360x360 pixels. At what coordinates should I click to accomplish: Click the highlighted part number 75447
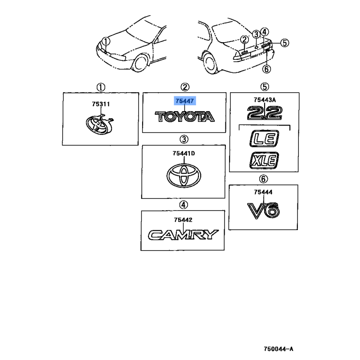(x=184, y=102)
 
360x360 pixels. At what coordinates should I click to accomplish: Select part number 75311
(x=101, y=104)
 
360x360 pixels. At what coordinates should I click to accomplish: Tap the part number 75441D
(x=184, y=154)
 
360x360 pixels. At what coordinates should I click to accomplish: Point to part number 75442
(x=183, y=220)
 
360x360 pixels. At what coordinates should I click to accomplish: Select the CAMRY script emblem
(x=183, y=234)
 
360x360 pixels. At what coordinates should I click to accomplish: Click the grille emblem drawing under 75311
(x=99, y=124)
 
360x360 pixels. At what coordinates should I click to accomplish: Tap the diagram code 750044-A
(x=279, y=349)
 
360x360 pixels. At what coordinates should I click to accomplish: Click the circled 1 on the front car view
(x=105, y=41)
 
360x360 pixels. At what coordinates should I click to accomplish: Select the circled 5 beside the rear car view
(x=284, y=43)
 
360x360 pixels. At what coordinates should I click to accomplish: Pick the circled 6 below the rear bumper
(x=266, y=68)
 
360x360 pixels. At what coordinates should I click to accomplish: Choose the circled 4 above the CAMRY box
(x=183, y=205)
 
